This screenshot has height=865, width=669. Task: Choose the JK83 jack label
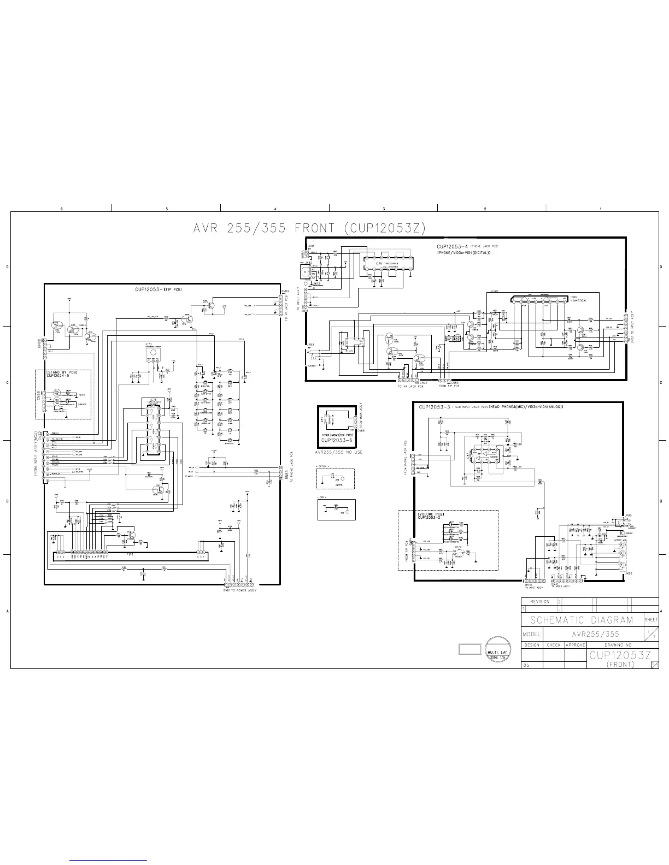pos(309,344)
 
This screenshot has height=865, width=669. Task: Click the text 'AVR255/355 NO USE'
pos(339,452)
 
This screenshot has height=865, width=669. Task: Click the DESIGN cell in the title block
pos(532,645)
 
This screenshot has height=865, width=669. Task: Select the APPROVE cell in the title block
pos(576,645)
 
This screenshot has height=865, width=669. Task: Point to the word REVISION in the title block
pos(540,601)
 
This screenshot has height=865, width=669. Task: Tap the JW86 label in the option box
pos(339,484)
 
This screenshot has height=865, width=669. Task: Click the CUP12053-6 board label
pos(339,440)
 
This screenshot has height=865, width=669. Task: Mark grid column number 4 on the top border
pos(275,209)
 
